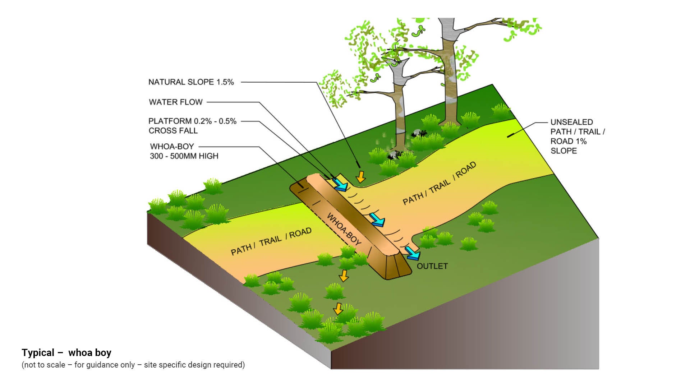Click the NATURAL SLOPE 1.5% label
191,82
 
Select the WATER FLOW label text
176,102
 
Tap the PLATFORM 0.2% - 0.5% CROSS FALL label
192,126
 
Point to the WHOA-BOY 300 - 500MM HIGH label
184,151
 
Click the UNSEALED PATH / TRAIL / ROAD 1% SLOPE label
577,137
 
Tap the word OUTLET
432,266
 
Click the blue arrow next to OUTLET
413,253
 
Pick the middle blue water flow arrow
378,220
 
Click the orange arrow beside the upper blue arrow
360,176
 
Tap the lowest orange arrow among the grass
338,309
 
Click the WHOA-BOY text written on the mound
344,229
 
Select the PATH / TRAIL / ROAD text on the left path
271,241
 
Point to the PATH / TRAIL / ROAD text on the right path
439,184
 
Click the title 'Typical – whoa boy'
66,352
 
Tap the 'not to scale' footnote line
133,365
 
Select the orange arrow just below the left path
344,276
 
